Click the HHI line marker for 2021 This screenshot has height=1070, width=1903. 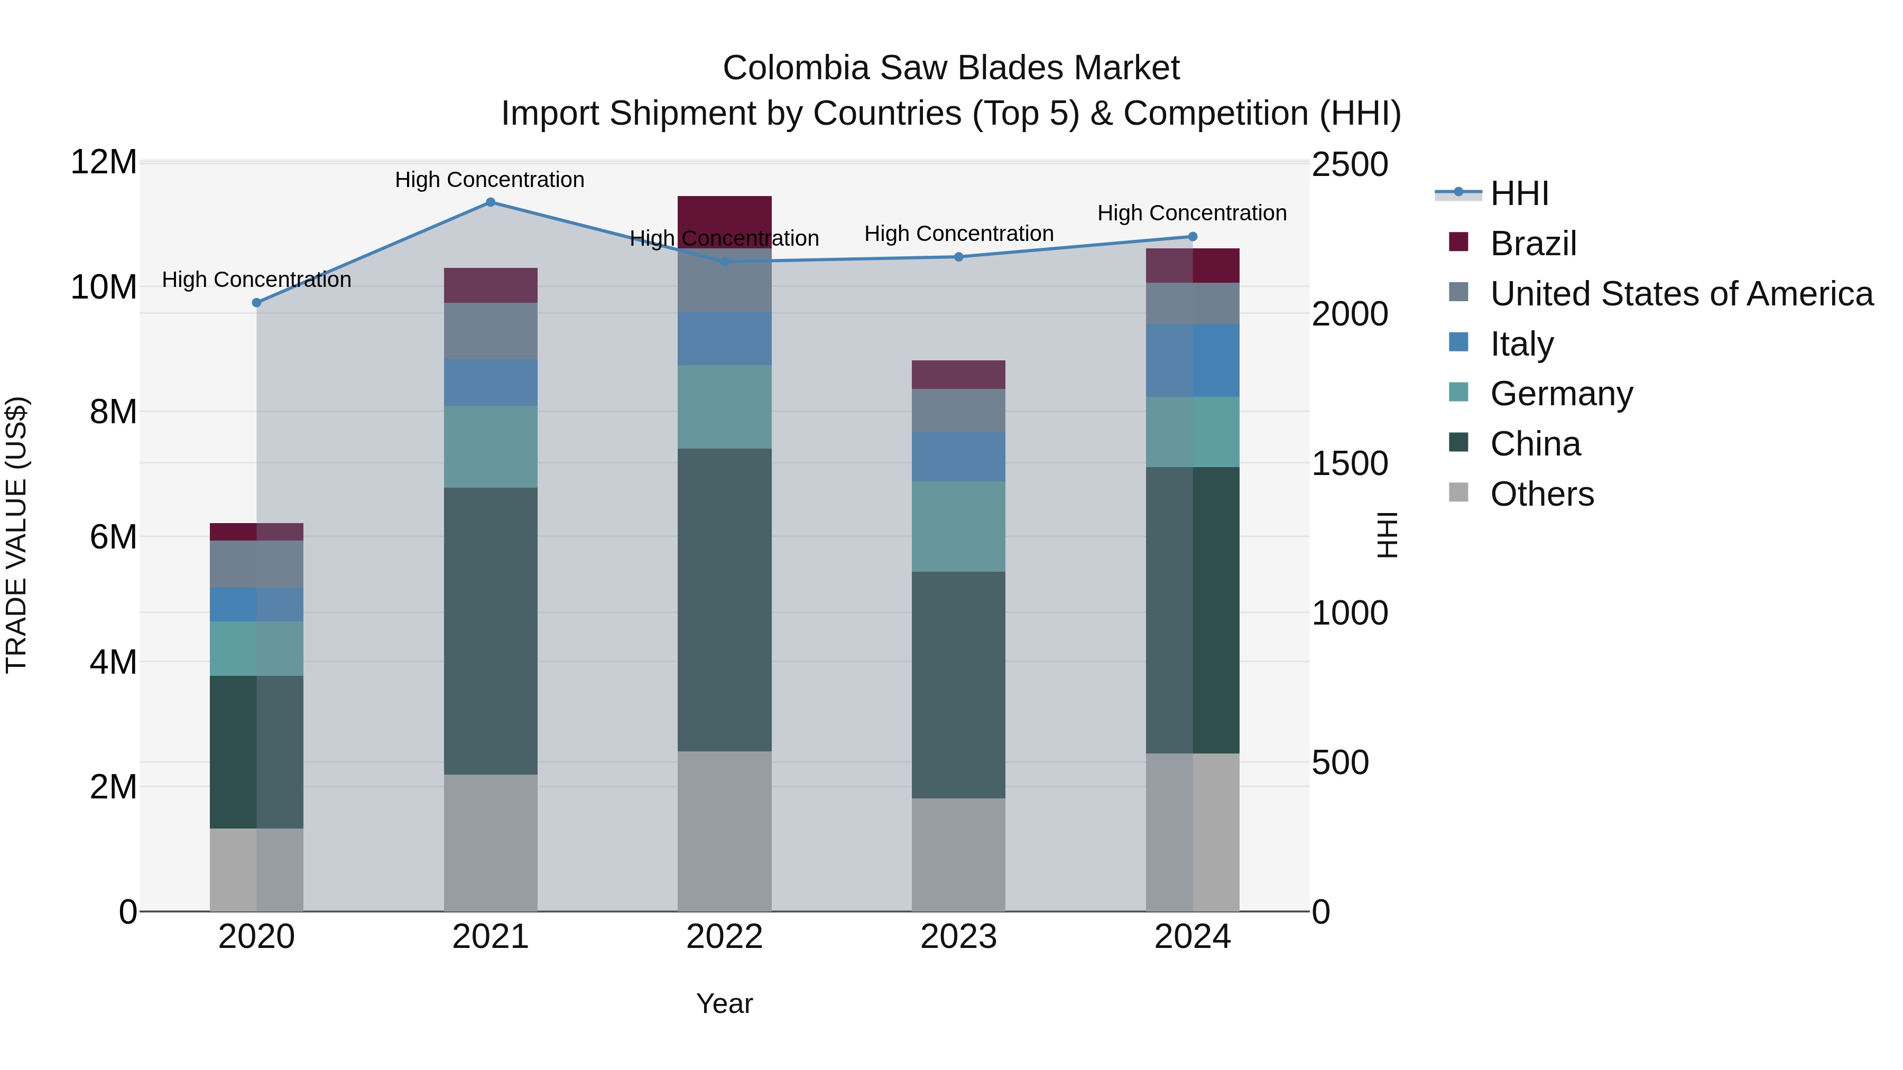[x=490, y=202]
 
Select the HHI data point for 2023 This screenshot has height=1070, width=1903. [x=958, y=257]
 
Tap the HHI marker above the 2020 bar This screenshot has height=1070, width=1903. [x=256, y=303]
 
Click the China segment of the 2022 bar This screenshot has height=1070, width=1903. [x=724, y=600]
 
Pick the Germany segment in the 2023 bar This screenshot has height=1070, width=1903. [x=958, y=526]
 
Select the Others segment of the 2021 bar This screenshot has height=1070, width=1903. [x=490, y=843]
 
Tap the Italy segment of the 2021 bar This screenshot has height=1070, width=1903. [x=490, y=383]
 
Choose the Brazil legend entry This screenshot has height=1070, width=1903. [x=1533, y=244]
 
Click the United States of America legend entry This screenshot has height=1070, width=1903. [x=1680, y=294]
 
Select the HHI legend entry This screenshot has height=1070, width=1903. [x=1518, y=193]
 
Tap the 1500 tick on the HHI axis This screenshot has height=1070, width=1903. [x=1349, y=464]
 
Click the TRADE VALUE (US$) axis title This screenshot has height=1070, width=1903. [x=16, y=535]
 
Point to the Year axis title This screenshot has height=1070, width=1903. [x=724, y=1003]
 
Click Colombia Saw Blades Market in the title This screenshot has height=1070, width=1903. [x=951, y=68]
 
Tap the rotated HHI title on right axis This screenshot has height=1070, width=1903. [x=1388, y=535]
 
